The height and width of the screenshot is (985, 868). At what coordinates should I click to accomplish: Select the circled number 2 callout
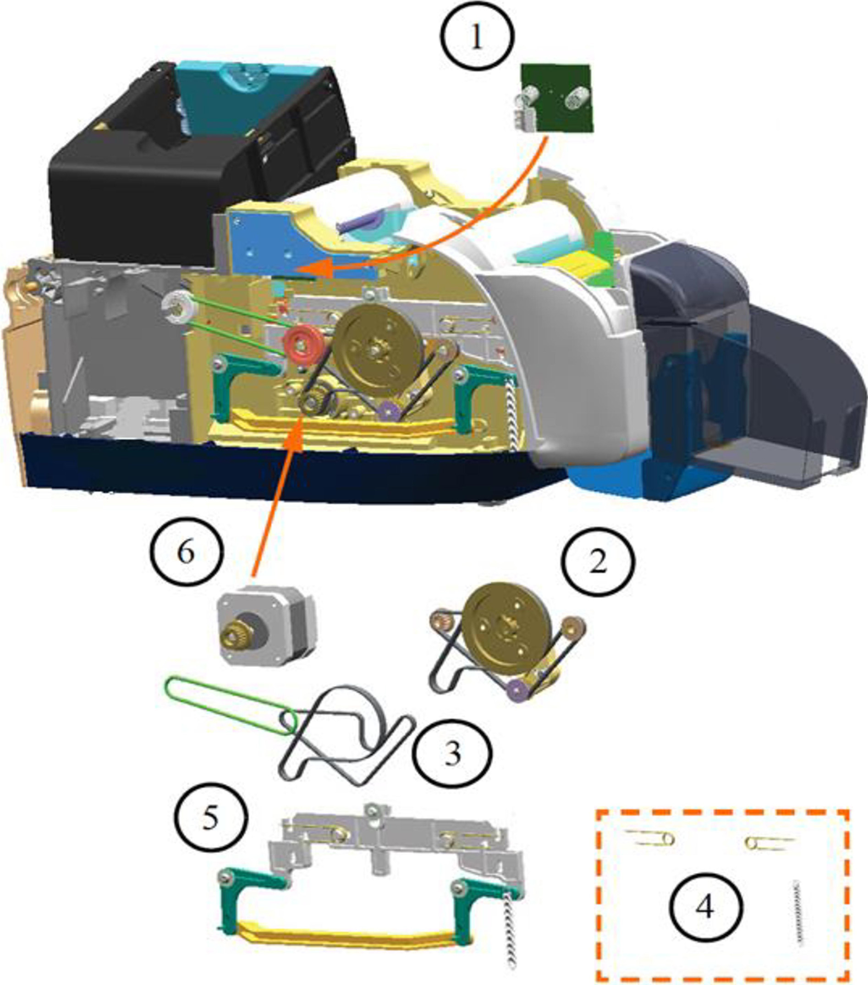(598, 561)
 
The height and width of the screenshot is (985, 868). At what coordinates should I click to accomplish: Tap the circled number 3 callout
(451, 755)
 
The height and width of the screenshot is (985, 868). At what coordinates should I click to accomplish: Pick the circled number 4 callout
(705, 908)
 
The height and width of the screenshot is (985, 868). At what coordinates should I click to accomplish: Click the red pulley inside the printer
(302, 345)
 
